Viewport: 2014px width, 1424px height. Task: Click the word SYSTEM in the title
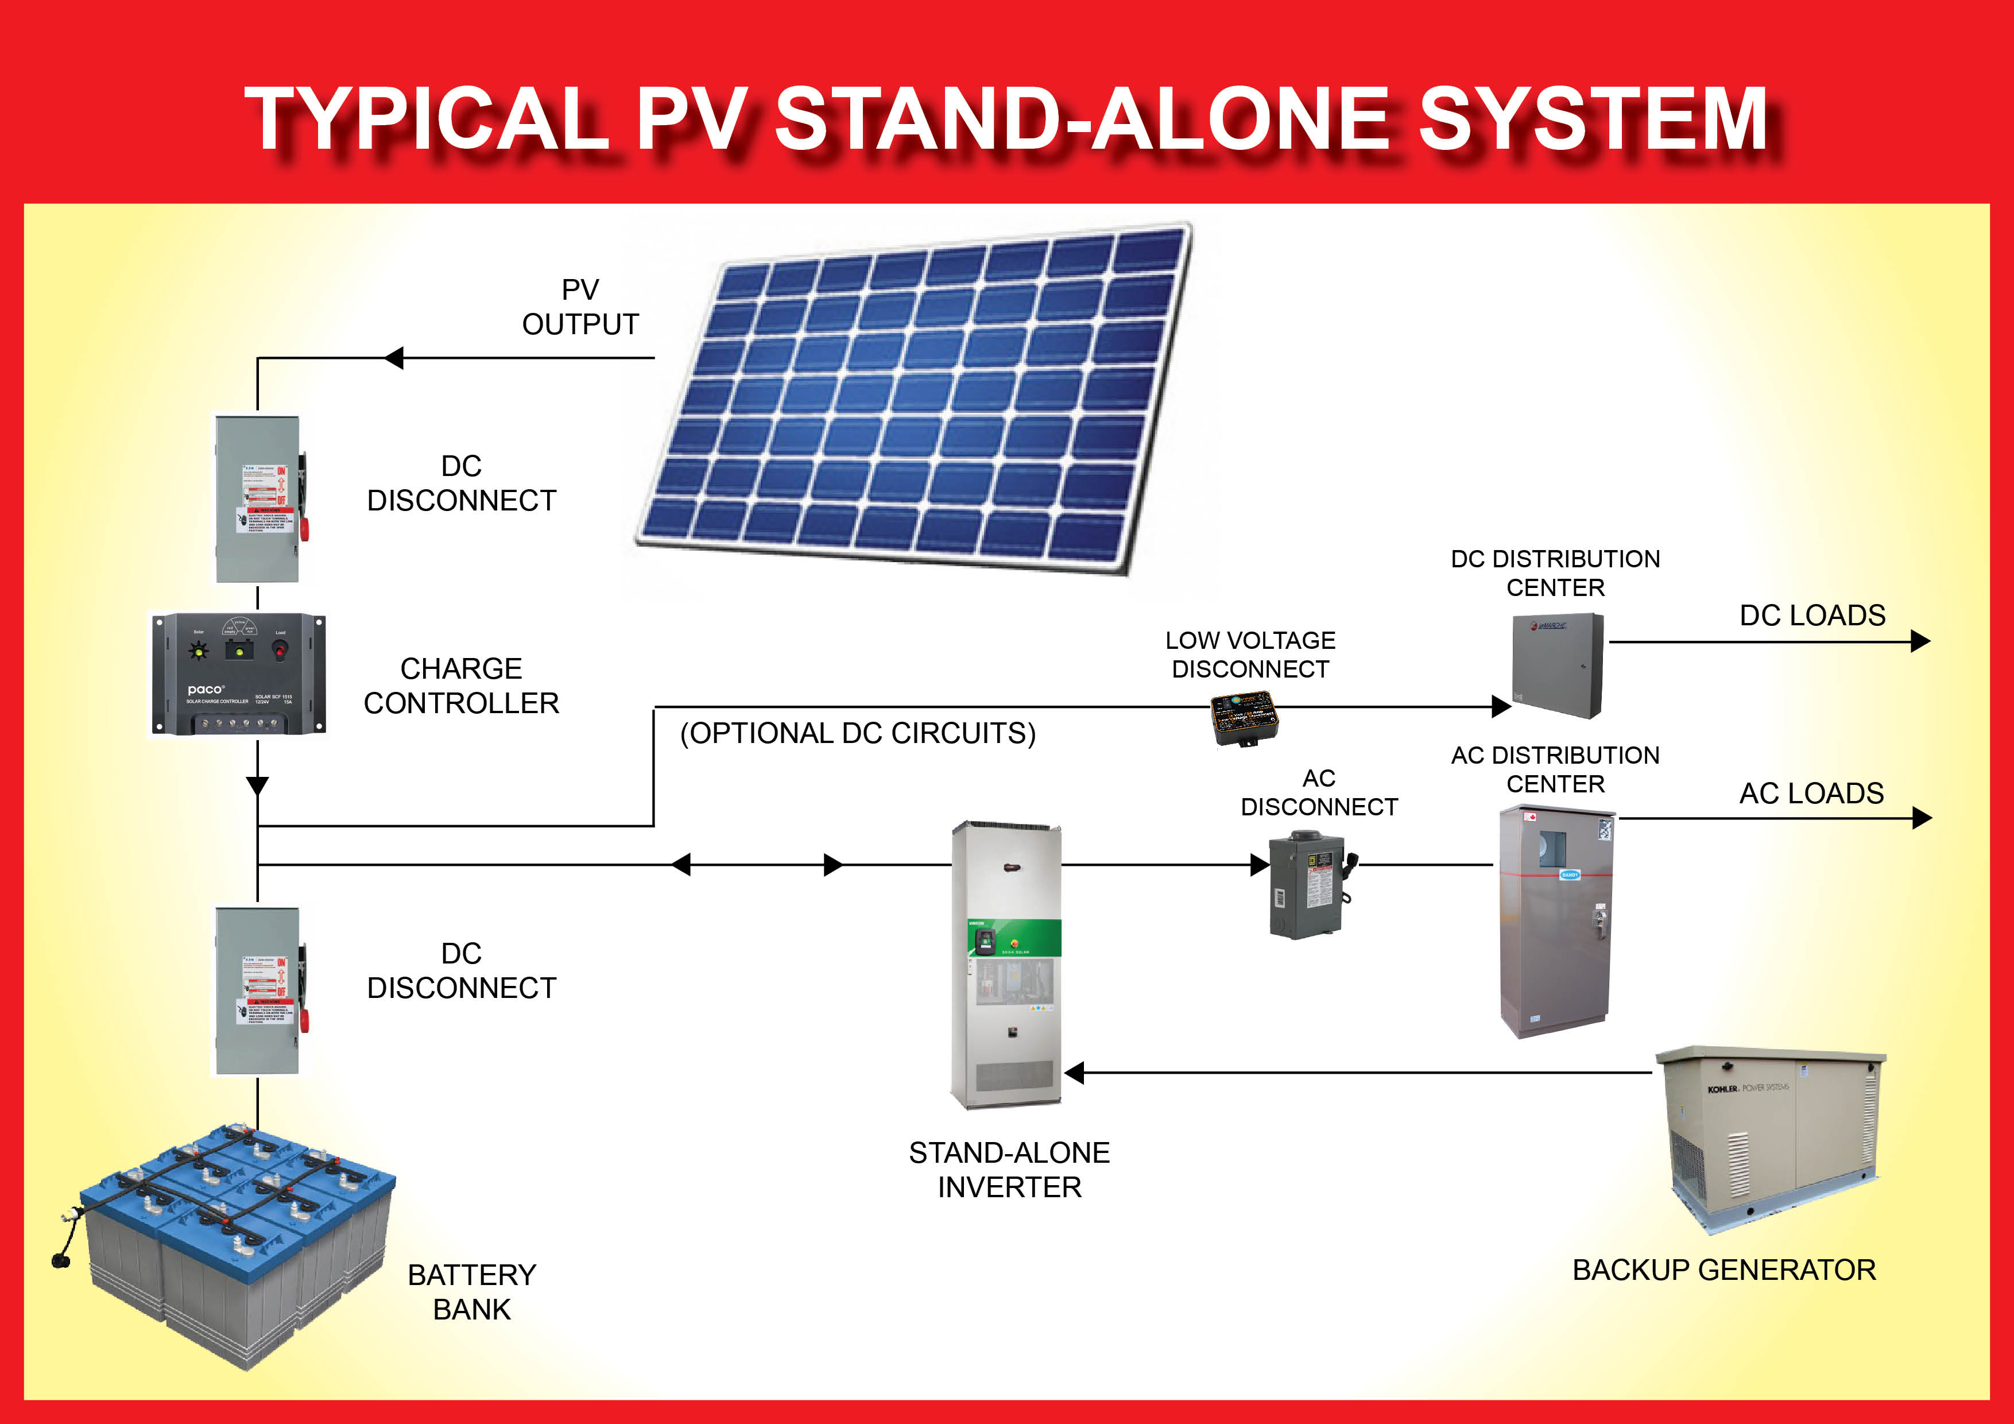(x=1592, y=120)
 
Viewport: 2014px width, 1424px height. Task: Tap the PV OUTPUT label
(x=580, y=307)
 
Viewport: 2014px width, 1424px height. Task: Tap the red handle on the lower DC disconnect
(x=304, y=1020)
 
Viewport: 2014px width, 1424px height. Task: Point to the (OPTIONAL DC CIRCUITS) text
(x=858, y=733)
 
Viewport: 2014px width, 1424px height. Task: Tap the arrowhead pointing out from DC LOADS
(x=1920, y=641)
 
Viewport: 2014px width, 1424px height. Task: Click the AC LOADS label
(x=1811, y=793)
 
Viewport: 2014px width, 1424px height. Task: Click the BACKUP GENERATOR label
(x=1723, y=1270)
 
